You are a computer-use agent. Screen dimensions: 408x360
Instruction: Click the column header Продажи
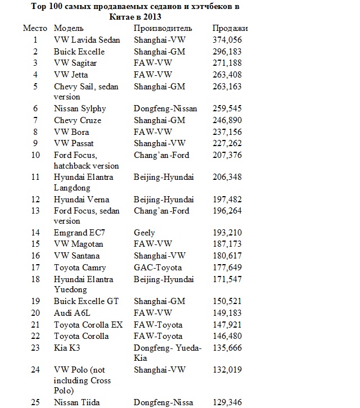coord(228,28)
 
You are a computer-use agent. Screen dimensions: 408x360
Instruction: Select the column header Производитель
coord(163,28)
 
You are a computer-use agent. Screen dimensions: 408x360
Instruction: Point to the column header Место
coord(35,28)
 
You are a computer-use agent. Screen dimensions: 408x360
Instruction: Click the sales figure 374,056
coord(228,40)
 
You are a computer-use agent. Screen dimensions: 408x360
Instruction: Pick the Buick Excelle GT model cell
coord(86,302)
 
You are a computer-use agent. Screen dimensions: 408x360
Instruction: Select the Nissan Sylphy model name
coord(80,108)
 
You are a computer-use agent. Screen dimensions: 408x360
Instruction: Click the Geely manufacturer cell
coord(144,233)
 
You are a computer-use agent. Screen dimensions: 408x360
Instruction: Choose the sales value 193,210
coord(228,233)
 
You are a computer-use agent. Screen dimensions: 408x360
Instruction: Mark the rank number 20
coord(35,313)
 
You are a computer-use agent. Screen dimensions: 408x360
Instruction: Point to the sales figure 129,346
coord(228,402)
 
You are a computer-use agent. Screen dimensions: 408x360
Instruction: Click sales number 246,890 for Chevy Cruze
coord(228,120)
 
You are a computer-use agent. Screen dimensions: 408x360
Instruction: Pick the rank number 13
coord(35,211)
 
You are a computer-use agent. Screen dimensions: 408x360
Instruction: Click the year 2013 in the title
coord(145,17)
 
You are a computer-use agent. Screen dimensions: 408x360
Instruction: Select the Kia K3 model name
coord(67,348)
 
